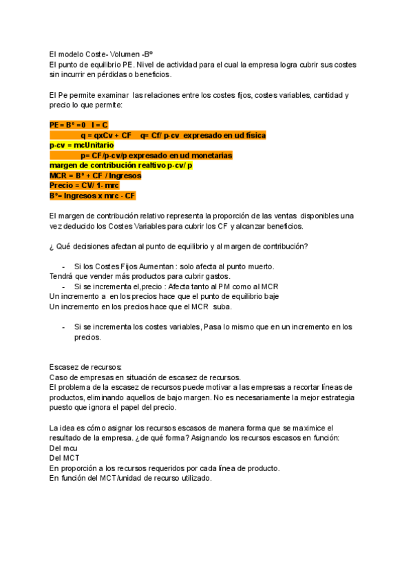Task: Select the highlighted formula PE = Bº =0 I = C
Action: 78,125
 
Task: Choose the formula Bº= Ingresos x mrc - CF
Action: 92,196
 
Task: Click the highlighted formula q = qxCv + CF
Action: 106,136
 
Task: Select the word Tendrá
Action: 61,276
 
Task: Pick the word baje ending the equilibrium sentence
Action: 269,296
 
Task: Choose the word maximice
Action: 304,428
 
